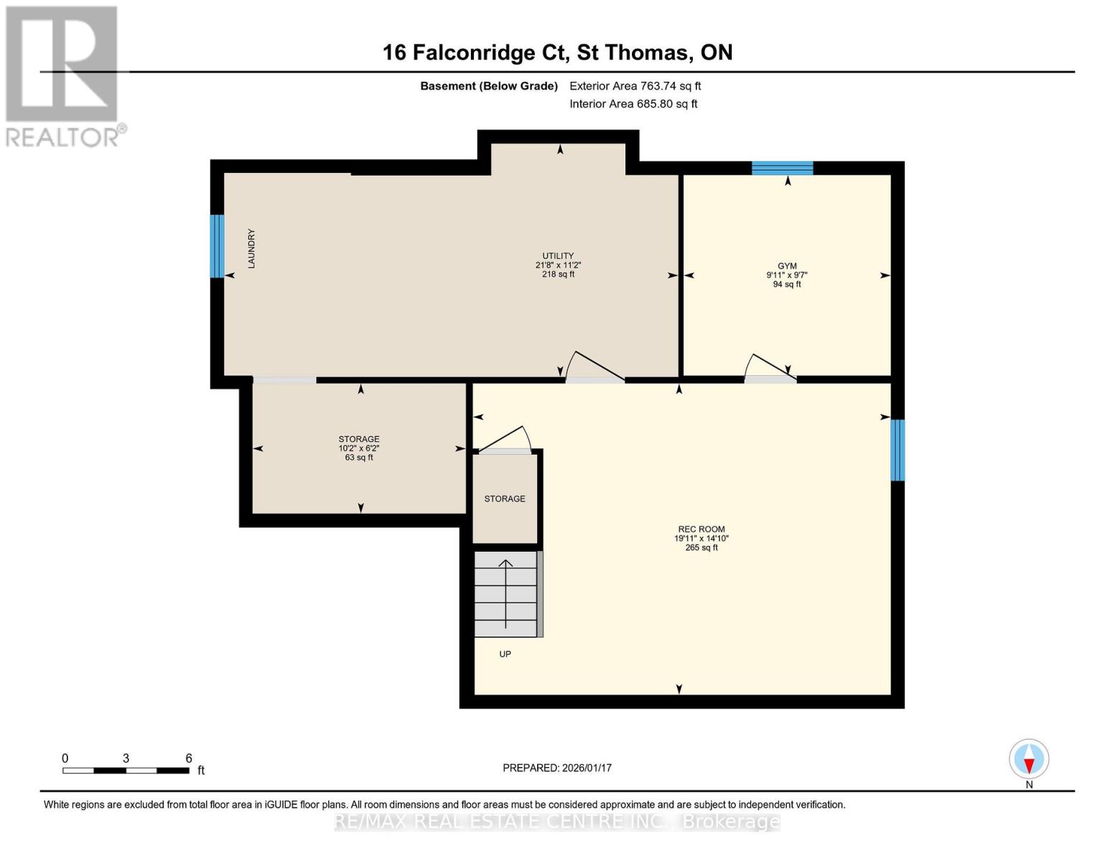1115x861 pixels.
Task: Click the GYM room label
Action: (787, 266)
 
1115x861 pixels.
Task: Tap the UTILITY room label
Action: (558, 256)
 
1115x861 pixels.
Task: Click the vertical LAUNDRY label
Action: (251, 249)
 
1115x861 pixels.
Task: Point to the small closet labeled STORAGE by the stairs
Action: (505, 499)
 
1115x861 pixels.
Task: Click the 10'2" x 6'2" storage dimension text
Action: (359, 448)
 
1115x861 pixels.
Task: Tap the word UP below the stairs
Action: (505, 654)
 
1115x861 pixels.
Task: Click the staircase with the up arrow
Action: (505, 594)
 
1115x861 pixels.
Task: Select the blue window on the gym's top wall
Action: (782, 169)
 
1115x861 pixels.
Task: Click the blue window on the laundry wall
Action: (217, 246)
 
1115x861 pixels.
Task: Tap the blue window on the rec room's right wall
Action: (897, 450)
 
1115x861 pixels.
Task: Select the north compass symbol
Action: (1029, 759)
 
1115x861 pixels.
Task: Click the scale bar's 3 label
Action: (126, 758)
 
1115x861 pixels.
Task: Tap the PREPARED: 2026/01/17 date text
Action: (557, 768)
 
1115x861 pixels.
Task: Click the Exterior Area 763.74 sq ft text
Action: (635, 86)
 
